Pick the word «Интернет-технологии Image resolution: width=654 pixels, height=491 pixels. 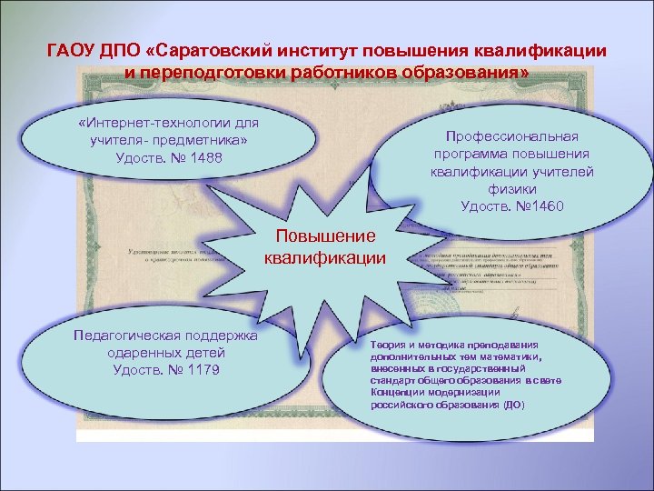(x=145, y=122)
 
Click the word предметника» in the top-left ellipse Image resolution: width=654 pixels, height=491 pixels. (x=205, y=140)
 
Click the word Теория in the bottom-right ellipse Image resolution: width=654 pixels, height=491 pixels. (x=389, y=346)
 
